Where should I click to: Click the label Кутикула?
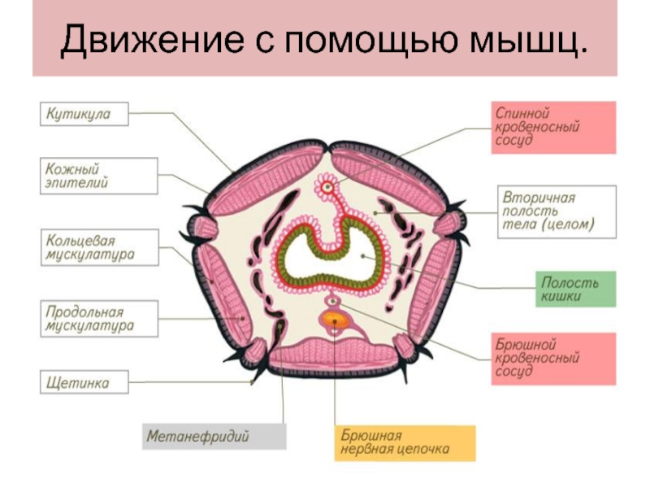point(85,115)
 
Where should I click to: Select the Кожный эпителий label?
point(98,176)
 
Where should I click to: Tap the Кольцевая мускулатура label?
point(98,248)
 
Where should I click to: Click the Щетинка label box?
point(85,381)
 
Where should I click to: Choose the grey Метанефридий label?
point(214,436)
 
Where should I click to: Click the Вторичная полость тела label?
point(557,211)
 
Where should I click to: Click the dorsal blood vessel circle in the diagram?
point(328,187)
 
